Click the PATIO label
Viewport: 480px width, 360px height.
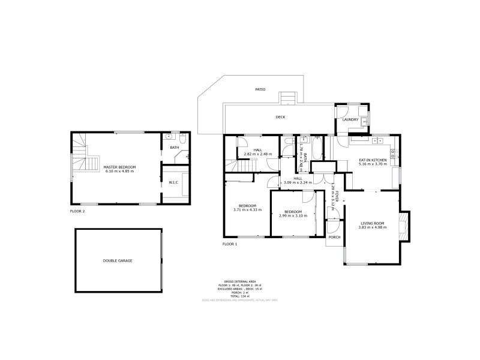click(260, 89)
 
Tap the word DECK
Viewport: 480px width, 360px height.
click(280, 117)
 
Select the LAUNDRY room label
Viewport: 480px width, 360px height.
click(350, 119)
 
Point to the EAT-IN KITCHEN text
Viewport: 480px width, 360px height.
click(373, 160)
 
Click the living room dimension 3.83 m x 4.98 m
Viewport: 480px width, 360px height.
click(372, 227)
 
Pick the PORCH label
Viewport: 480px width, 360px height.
click(334, 237)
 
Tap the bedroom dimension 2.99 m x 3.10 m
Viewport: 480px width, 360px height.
click(293, 215)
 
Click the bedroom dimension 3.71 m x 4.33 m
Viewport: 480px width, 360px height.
click(247, 209)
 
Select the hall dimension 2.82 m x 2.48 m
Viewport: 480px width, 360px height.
click(257, 154)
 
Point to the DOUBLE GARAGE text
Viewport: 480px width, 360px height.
click(117, 260)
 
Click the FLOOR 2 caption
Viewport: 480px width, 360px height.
click(77, 212)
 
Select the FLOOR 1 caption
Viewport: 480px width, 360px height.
click(230, 244)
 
